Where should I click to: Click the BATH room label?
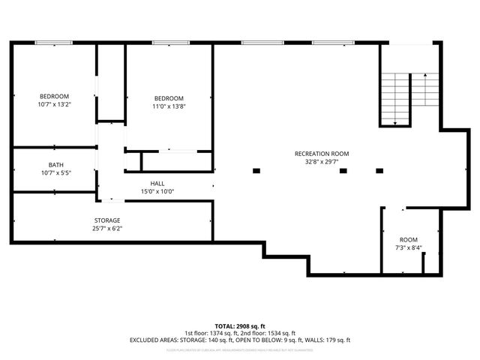click(55, 165)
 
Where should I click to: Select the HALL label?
click(157, 183)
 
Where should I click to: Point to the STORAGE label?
click(107, 220)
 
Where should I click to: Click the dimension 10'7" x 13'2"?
click(55, 104)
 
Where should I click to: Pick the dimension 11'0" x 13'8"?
click(169, 106)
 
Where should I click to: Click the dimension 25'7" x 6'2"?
click(107, 228)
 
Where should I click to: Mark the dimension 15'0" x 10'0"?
click(157, 191)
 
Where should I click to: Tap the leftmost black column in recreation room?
click(256, 171)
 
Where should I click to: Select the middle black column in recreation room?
click(343, 171)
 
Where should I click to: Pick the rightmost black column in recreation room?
click(379, 171)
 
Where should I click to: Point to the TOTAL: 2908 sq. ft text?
click(240, 326)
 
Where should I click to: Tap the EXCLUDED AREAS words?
click(155, 340)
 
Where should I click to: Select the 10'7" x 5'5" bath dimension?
click(55, 172)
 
